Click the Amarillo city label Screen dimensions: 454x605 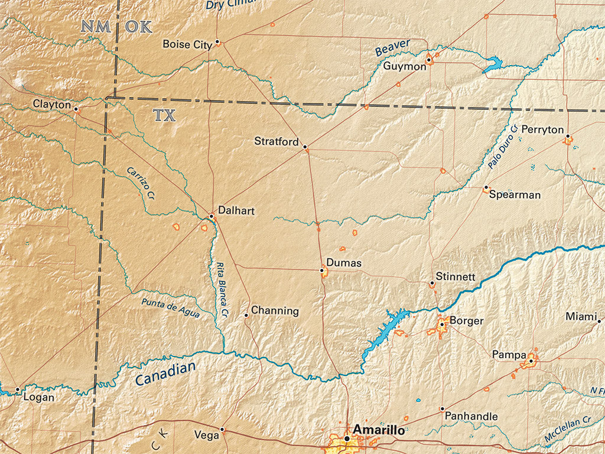(x=379, y=430)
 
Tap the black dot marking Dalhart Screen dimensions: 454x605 (x=211, y=216)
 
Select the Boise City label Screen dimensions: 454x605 (x=187, y=44)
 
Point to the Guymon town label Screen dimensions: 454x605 (x=404, y=66)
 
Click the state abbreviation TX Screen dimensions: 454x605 (x=165, y=115)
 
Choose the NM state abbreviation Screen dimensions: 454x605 (x=96, y=27)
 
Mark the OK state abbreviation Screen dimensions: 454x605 (x=139, y=27)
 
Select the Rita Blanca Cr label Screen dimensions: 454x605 (x=220, y=287)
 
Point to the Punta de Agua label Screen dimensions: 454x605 (x=170, y=309)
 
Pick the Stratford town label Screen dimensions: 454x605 (x=277, y=141)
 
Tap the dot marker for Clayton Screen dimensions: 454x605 (x=76, y=109)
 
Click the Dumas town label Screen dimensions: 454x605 (x=343, y=263)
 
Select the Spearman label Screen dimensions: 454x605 (x=515, y=194)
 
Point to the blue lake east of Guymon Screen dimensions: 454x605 (x=493, y=64)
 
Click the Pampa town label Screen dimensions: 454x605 (x=509, y=355)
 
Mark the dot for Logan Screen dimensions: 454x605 (x=18, y=390)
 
